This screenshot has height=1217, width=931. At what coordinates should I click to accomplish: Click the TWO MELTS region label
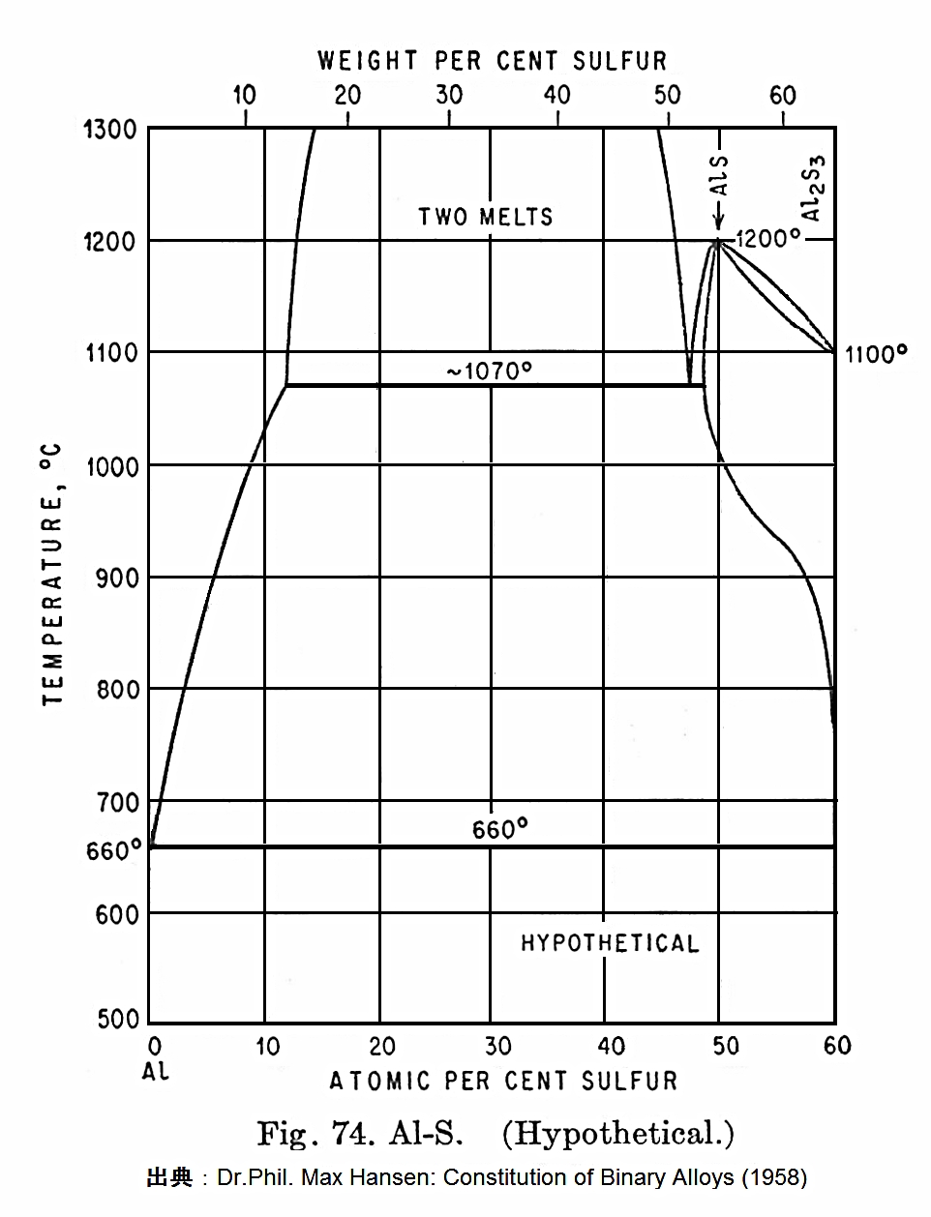[x=486, y=216]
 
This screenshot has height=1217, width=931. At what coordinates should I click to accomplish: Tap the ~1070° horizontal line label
[x=490, y=371]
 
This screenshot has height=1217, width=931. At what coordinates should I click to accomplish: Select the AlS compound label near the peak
[x=719, y=176]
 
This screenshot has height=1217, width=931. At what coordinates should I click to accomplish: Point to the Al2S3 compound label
[x=814, y=187]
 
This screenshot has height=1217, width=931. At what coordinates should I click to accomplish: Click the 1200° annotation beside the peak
[x=767, y=238]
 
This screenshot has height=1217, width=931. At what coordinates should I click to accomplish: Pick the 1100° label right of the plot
[x=875, y=354]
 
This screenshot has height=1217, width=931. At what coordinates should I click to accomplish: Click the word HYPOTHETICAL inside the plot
[x=610, y=943]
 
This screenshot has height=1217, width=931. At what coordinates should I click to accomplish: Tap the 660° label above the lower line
[x=499, y=830]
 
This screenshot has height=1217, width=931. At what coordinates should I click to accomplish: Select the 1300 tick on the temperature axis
[x=110, y=129]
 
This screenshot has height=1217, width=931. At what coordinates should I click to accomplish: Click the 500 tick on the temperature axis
[x=117, y=1019]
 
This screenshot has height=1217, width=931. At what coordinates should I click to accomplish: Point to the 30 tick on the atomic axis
[x=497, y=1046]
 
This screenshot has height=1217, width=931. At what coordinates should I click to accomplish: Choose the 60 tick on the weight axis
[x=782, y=95]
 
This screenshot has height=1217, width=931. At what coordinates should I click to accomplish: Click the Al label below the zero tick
[x=155, y=1072]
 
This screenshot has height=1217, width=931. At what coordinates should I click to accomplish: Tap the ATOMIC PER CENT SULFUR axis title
[x=503, y=1081]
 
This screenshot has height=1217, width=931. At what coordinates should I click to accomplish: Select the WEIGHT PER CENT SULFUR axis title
[x=493, y=61]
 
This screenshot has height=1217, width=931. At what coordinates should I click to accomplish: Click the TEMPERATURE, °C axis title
[x=52, y=575]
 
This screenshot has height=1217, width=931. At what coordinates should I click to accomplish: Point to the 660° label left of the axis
[x=113, y=850]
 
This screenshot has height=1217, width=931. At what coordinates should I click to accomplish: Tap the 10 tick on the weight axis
[x=245, y=95]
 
